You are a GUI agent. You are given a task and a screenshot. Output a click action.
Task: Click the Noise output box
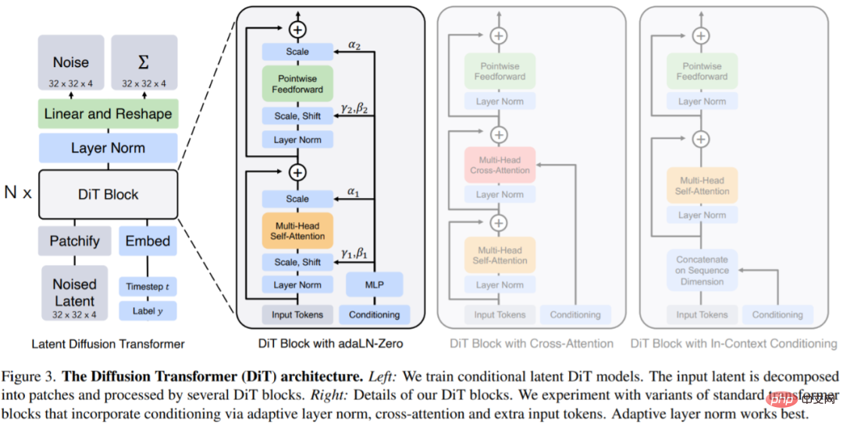tap(71, 62)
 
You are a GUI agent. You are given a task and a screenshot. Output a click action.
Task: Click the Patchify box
tap(75, 241)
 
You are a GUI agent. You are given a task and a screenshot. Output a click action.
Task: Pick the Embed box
tap(148, 241)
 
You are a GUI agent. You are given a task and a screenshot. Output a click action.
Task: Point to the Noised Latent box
tap(75, 293)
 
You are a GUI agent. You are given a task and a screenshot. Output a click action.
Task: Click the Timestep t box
tap(148, 286)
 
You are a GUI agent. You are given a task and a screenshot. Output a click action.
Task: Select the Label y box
tap(148, 310)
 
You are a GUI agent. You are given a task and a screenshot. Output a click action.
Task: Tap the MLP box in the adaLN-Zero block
tap(374, 285)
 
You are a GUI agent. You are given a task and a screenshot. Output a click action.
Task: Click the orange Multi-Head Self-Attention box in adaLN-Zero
tap(297, 231)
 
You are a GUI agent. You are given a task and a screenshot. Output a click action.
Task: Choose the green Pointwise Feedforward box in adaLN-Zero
tap(297, 82)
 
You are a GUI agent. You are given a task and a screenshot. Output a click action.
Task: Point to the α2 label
tap(356, 46)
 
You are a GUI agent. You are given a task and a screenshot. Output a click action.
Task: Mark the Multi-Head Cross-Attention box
tap(500, 165)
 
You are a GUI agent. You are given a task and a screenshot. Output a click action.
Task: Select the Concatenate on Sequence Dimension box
tap(702, 271)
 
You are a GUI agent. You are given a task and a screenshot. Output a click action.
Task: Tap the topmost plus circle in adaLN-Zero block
tap(297, 30)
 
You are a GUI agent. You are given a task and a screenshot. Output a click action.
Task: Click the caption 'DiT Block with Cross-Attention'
tap(531, 343)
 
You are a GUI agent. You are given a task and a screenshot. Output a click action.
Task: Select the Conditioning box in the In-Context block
tap(777, 315)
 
